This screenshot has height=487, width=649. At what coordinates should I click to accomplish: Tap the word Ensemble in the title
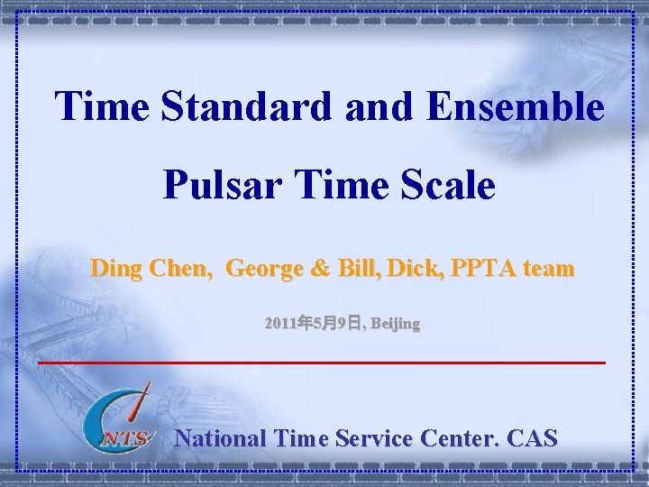tap(516, 106)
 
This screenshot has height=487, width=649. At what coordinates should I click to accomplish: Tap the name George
tap(264, 268)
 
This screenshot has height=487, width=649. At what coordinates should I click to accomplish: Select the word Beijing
tap(395, 322)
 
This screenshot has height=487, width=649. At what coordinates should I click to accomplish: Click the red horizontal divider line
tap(323, 362)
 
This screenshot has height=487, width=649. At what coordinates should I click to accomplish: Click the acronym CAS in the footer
tap(532, 438)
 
